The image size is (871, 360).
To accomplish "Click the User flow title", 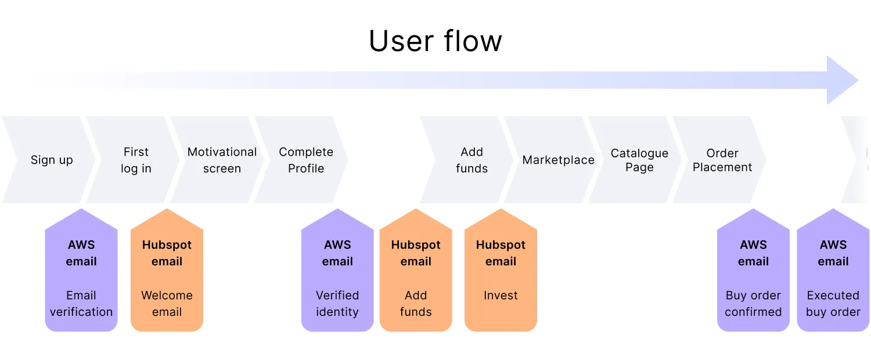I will (435, 41).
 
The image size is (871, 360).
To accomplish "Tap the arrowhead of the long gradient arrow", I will (843, 80).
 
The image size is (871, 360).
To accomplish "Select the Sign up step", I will (51, 160).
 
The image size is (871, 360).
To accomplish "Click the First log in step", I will (136, 160).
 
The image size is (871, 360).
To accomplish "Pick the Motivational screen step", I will (222, 160).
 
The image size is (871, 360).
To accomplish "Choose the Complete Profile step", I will (306, 160).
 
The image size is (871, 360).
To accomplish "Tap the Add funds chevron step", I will (472, 160).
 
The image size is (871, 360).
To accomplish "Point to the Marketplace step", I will (558, 160).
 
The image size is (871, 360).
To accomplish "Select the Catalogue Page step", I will (639, 160).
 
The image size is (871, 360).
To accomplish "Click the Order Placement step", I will (722, 160).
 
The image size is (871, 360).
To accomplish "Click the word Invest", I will (501, 296).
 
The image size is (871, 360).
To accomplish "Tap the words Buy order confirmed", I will (753, 304).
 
